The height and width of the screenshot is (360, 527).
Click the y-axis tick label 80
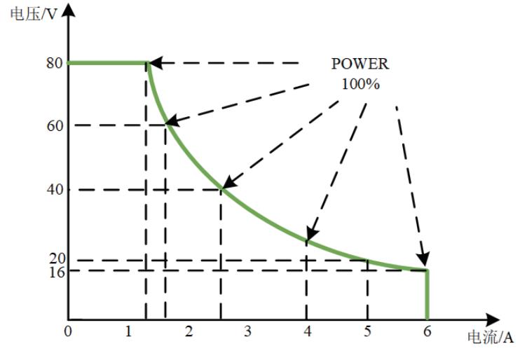[55, 63]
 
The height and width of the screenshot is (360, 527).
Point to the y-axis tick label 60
[55, 126]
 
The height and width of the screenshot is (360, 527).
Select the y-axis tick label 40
[55, 190]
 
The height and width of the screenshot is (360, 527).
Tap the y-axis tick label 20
[57, 258]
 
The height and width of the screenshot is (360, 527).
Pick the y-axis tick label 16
[57, 272]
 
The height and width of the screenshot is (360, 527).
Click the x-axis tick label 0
[68, 331]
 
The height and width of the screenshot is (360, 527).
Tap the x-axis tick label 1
[128, 331]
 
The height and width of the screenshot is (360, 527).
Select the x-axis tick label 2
[189, 331]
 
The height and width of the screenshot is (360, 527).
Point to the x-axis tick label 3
[247, 331]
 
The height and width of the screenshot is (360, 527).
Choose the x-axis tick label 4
[308, 331]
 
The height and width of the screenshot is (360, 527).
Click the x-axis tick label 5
[368, 331]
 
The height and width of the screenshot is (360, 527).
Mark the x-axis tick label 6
[427, 331]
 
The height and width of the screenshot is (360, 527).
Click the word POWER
[360, 64]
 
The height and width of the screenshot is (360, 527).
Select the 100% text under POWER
[361, 84]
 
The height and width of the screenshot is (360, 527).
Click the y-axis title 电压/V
[34, 14]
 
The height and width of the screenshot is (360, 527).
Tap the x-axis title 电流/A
[491, 337]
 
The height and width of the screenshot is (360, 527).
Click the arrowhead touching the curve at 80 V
[156, 63]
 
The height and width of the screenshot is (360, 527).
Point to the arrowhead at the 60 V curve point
[172, 121]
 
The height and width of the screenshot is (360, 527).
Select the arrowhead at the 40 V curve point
[230, 182]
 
